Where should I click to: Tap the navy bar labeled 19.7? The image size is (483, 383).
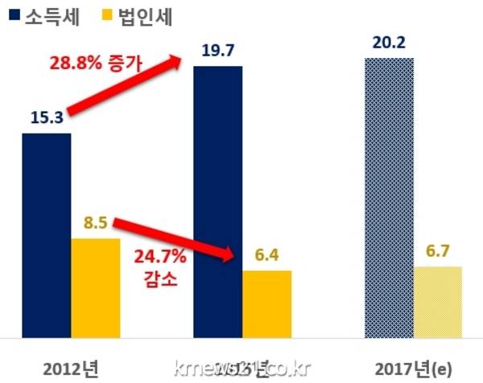tap(217, 201)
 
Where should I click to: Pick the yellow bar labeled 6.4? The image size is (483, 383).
tap(266, 303)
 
